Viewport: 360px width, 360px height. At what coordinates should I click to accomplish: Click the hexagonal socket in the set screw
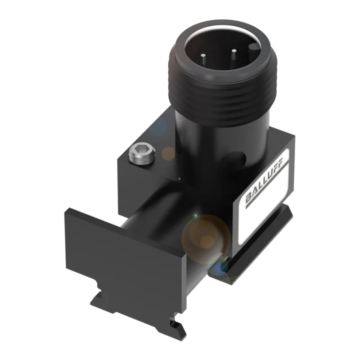pos(140,150)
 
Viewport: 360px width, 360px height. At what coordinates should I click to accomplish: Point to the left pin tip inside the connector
pos(203,55)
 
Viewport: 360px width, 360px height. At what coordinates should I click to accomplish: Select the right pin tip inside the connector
pos(234,50)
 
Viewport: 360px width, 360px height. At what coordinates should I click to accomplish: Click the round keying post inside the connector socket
pos(254,47)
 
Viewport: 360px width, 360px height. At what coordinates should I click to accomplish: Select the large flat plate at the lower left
pos(125,260)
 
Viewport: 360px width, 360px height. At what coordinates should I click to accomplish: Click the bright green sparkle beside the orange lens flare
pos(195,216)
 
